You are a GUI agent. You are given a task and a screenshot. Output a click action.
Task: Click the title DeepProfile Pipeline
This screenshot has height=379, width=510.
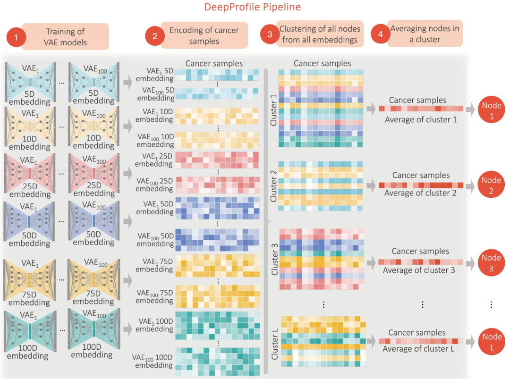tap(252, 7)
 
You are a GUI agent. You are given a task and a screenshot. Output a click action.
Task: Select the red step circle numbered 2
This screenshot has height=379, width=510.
tap(154, 36)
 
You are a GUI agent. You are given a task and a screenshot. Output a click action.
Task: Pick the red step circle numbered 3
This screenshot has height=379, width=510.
tap(270, 34)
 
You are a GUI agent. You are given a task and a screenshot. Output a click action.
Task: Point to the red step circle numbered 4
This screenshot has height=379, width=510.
tap(380, 34)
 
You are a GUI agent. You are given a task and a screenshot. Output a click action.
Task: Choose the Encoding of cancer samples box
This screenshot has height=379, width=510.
tap(204, 35)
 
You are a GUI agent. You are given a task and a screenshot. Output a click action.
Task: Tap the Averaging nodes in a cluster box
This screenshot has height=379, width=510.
tap(425, 34)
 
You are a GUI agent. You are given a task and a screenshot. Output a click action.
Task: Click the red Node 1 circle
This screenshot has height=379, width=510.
tap(491, 110)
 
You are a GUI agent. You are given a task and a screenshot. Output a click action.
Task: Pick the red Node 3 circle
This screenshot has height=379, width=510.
tap(491, 262)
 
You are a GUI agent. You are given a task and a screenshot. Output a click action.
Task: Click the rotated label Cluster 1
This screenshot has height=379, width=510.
tap(273, 109)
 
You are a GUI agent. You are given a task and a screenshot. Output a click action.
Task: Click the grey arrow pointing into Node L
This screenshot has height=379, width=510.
tap(470, 341)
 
